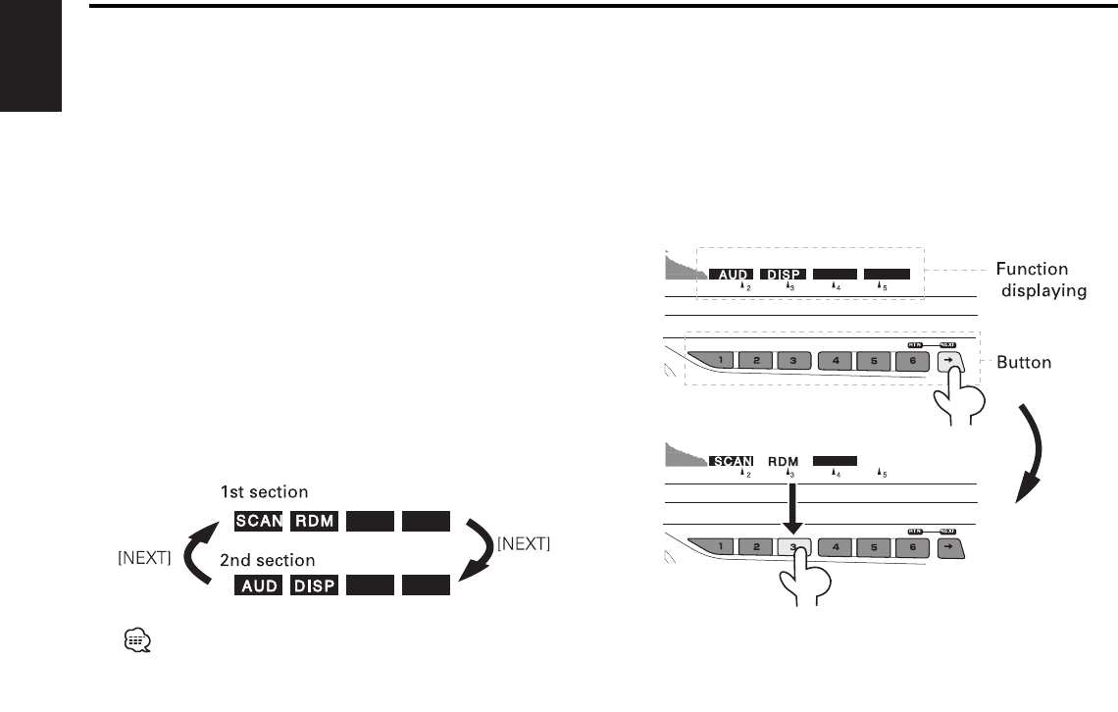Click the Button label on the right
point(1024,362)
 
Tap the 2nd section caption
point(268,560)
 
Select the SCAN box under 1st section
point(258,521)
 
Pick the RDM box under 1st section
point(314,521)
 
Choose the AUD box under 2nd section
point(258,587)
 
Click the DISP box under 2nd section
point(314,587)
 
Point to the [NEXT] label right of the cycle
point(523,543)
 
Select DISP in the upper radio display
point(784,275)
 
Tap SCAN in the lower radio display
point(731,460)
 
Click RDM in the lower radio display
point(784,460)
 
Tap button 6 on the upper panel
point(912,361)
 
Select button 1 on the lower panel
point(721,546)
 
